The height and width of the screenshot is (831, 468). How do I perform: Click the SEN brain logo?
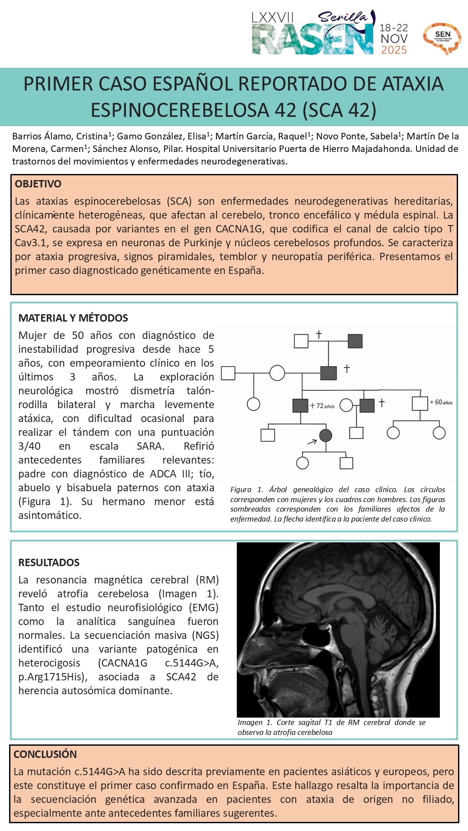click(x=442, y=38)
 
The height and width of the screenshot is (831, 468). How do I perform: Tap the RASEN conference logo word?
click(x=312, y=40)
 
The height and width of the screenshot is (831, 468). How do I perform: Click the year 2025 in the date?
click(x=394, y=50)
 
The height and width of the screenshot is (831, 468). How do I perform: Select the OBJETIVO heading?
click(x=38, y=184)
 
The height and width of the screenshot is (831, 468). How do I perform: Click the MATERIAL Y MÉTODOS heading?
click(x=73, y=318)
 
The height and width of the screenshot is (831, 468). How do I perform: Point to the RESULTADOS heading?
click(x=49, y=563)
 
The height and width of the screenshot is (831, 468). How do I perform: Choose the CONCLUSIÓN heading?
click(x=45, y=754)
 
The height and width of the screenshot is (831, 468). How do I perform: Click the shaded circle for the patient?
click(x=326, y=435)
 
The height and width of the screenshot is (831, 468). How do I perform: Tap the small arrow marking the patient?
click(x=312, y=442)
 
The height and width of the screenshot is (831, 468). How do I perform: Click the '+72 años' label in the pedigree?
click(x=323, y=406)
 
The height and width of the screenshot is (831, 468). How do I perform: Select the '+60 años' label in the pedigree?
click(x=441, y=403)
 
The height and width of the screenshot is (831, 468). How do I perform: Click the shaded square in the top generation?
click(x=355, y=341)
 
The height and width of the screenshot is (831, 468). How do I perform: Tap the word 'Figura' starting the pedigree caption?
click(x=241, y=490)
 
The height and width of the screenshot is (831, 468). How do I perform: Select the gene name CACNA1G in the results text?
click(x=123, y=663)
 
